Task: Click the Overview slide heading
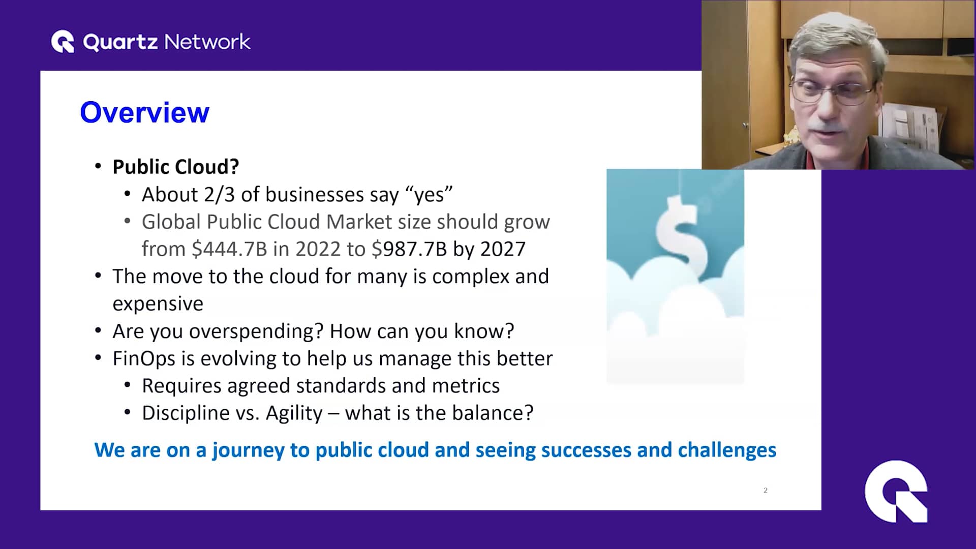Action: (x=144, y=112)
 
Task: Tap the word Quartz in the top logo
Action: (x=120, y=42)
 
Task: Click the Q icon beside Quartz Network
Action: (x=63, y=42)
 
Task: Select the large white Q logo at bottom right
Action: (x=896, y=491)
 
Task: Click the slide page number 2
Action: (x=765, y=490)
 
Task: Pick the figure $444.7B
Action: (x=229, y=249)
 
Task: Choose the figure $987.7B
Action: (x=409, y=249)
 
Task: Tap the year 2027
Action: (x=503, y=249)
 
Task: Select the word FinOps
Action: (x=144, y=358)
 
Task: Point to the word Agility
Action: (x=294, y=413)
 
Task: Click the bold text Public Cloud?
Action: (x=175, y=167)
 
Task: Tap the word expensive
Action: (x=158, y=304)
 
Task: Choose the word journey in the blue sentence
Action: (x=248, y=450)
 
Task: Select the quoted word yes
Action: (x=429, y=195)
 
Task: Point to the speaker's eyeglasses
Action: (x=834, y=91)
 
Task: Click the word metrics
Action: (x=466, y=386)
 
